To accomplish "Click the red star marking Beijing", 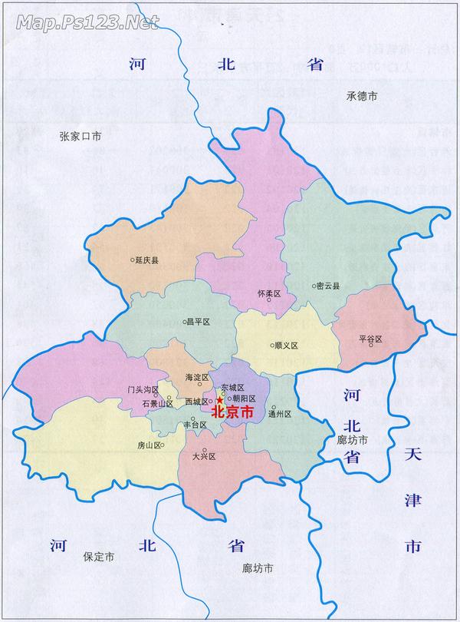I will tap(220, 400).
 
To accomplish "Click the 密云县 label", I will tap(329, 286).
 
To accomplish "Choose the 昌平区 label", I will tap(198, 322).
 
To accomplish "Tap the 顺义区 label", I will tap(286, 345).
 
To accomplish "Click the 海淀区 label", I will tap(197, 378).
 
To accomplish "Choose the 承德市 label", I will tap(361, 96).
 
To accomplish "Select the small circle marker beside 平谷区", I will tap(371, 345).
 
